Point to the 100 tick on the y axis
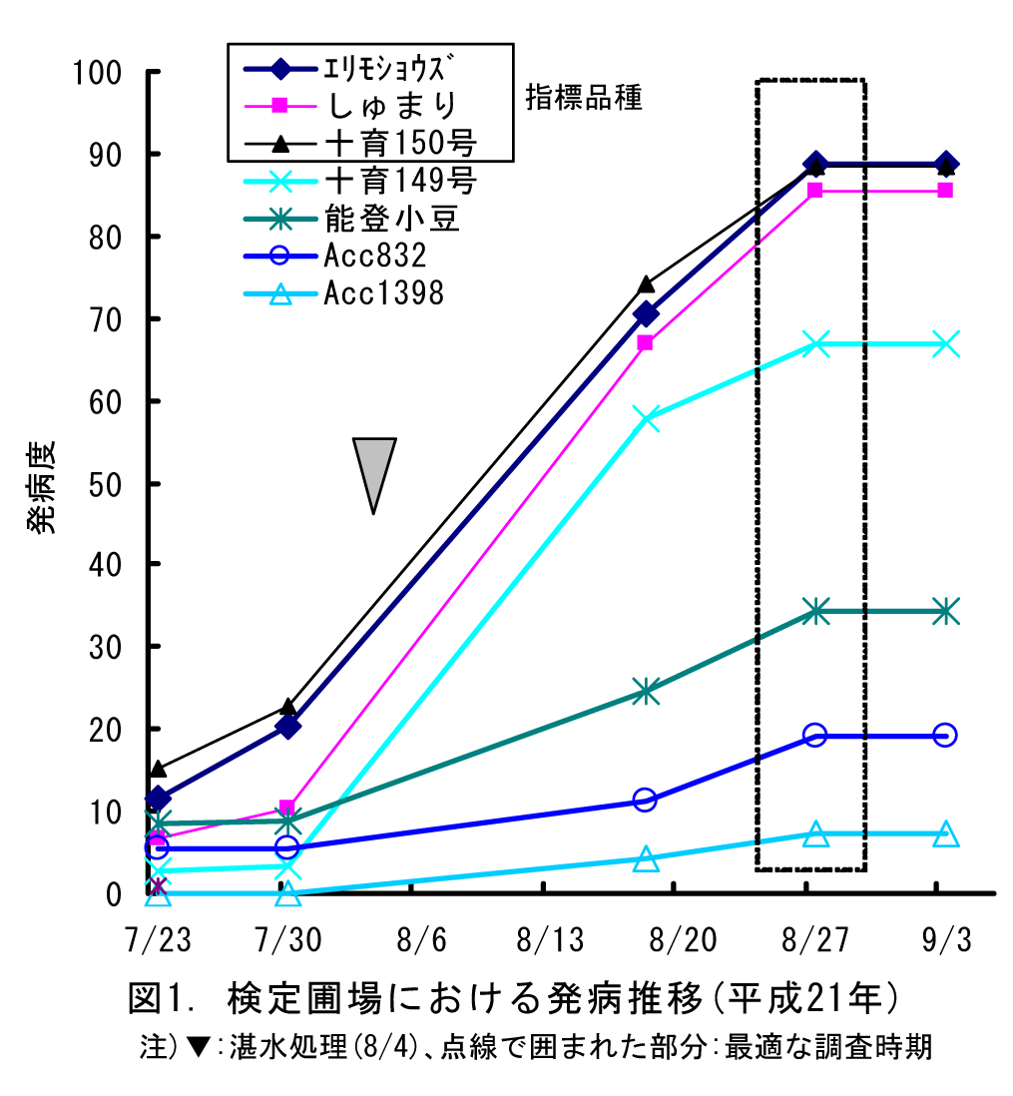tap(104, 72)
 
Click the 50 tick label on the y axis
tap(111, 483)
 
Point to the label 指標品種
tap(584, 98)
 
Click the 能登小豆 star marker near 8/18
tap(646, 691)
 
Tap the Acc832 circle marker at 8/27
tap(815, 736)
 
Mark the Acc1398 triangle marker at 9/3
tap(945, 834)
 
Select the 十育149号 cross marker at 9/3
tap(945, 344)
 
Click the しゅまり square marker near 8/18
tap(646, 342)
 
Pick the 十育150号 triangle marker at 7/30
tap(287, 708)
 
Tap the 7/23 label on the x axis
tap(158, 940)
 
